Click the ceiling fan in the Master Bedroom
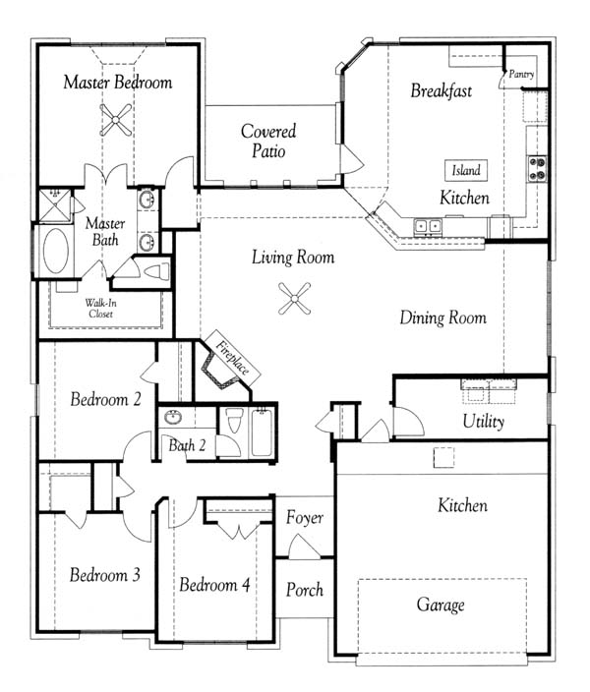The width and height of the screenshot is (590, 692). coord(116,119)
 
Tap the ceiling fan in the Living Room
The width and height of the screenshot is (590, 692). coord(295,299)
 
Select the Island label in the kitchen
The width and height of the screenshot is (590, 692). coord(466,170)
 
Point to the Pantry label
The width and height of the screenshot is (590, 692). coord(521,74)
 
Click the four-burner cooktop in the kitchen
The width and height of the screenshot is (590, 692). coord(538,169)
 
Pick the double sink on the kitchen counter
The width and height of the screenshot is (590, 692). coord(428,226)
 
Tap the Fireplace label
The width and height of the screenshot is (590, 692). coord(232,358)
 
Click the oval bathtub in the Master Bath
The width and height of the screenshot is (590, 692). coord(56,251)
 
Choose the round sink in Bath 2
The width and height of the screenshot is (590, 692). coord(173,417)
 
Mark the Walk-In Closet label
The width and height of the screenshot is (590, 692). coord(100,309)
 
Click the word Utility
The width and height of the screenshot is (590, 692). coord(484,422)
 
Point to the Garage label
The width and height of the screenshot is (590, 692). coord(441,605)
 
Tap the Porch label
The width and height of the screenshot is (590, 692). coord(304,590)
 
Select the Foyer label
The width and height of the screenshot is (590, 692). coord(304,518)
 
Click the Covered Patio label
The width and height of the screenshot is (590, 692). coord(268,141)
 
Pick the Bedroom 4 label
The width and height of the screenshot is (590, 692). coord(214,585)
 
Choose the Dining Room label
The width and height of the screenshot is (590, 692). coord(442,317)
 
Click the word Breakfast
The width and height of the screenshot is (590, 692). coord(442,90)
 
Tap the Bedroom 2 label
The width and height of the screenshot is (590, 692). coord(105,399)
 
